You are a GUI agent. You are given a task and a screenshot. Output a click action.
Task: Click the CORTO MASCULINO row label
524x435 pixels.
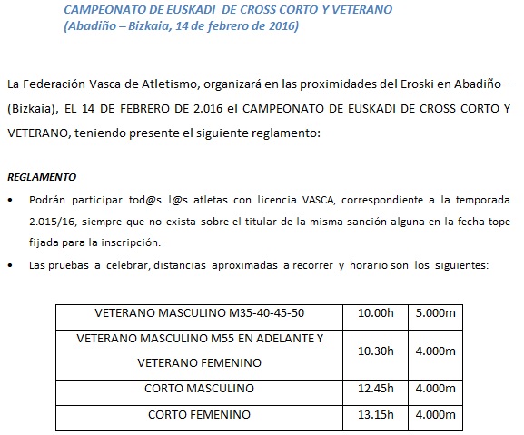[x=202, y=388]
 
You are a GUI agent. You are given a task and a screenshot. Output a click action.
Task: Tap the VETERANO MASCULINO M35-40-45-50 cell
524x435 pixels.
[x=202, y=313]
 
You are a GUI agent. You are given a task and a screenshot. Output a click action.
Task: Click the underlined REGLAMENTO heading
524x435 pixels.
[x=42, y=176]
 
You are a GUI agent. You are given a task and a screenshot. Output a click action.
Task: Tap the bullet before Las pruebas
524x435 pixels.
[x=10, y=265]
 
